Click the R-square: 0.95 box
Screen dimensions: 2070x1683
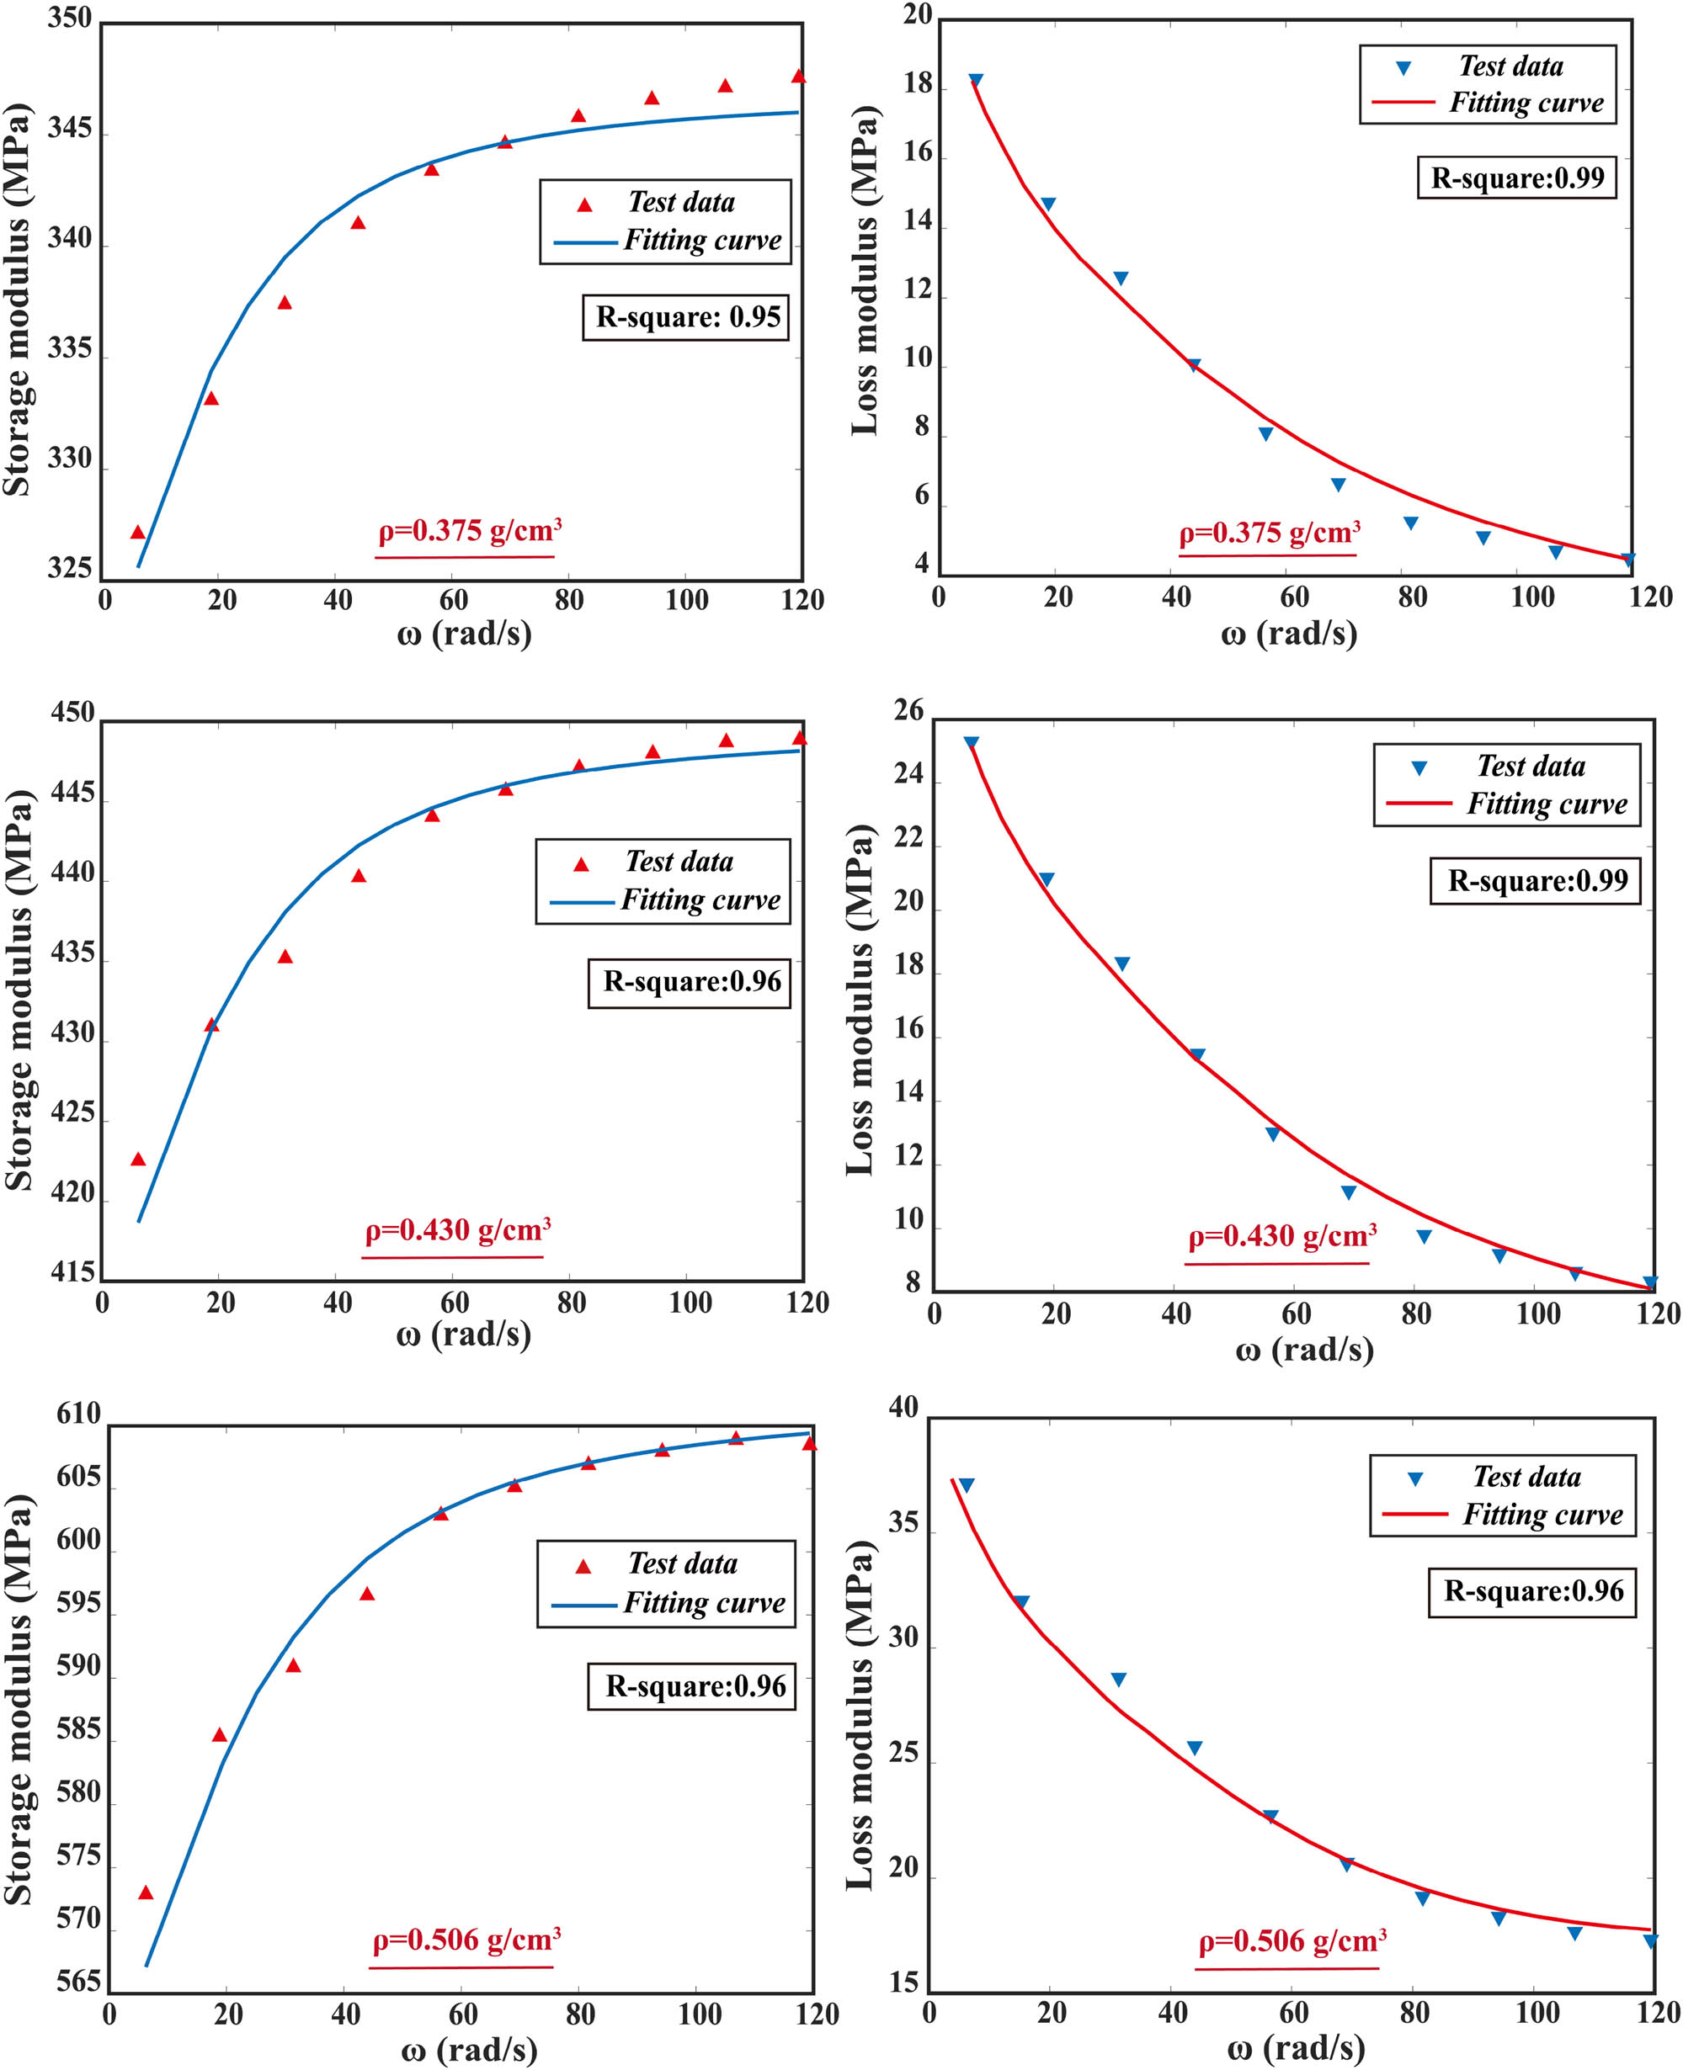[x=685, y=317]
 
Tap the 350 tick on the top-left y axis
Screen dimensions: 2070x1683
[x=70, y=19]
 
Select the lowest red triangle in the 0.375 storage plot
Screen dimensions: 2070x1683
[x=138, y=532]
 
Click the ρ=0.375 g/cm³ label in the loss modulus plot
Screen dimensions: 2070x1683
[x=1268, y=533]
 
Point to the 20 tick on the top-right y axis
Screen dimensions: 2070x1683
[x=917, y=15]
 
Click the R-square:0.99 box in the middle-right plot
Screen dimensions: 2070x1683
[x=1536, y=880]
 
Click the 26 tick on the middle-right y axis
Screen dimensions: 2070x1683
[x=909, y=710]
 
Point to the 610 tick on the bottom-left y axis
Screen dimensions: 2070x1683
[x=78, y=1414]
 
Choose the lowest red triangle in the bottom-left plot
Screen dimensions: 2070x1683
[x=146, y=1892]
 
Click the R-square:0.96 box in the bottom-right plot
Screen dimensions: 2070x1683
[x=1531, y=1591]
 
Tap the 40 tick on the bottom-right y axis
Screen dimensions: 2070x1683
[x=903, y=1407]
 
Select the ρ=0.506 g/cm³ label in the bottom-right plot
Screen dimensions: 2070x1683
[x=1292, y=1941]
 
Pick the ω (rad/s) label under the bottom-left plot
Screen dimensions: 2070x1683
[x=468, y=2049]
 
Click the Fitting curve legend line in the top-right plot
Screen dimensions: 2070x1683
[x=1403, y=102]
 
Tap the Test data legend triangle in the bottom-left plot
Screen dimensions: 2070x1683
[x=583, y=1566]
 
